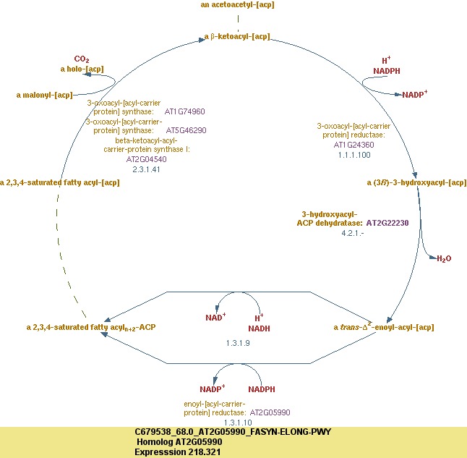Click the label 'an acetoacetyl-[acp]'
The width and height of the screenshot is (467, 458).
(237, 5)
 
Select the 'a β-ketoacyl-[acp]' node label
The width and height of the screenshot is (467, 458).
(237, 36)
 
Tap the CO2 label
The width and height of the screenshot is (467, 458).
(82, 59)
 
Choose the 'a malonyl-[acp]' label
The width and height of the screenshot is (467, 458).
(44, 95)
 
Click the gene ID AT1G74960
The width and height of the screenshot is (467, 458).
(185, 112)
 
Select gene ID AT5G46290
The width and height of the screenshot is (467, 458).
(187, 131)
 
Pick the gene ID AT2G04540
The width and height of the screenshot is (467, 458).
(146, 159)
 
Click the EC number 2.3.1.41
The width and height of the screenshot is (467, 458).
(146, 169)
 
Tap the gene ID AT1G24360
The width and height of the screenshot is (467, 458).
(354, 145)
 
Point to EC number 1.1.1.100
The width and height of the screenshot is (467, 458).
(354, 155)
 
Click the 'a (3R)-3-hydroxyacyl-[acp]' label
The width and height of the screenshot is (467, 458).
(416, 182)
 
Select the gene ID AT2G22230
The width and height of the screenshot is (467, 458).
(387, 223)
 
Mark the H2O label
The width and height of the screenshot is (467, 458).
(442, 258)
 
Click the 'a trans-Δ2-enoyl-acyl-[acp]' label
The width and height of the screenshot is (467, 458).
(383, 327)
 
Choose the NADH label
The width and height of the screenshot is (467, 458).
(259, 328)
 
